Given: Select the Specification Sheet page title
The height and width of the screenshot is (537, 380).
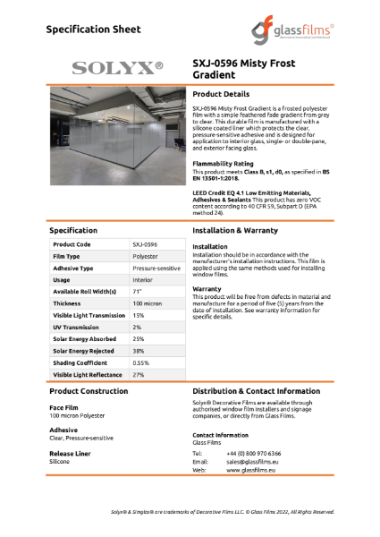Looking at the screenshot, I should click(x=94, y=30).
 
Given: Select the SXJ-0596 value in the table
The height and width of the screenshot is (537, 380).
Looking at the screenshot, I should click(x=145, y=244).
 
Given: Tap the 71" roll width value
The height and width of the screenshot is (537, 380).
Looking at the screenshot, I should click(x=138, y=292).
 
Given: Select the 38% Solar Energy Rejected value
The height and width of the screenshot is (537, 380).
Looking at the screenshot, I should click(x=139, y=351).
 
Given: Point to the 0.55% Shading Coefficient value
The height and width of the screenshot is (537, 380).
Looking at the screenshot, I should click(x=141, y=363).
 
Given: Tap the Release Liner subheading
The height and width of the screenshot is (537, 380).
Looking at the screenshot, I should click(x=70, y=454).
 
